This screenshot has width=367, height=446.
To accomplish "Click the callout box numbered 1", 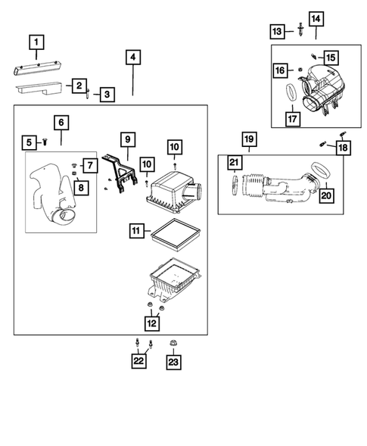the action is click(36, 42).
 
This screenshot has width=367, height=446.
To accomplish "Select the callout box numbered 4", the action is click(133, 58).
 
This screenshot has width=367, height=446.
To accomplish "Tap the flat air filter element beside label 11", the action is click(176, 235).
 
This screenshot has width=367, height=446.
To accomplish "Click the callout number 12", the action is click(152, 323).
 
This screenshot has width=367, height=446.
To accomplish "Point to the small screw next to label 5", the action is click(45, 142).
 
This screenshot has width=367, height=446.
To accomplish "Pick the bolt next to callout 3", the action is click(88, 93).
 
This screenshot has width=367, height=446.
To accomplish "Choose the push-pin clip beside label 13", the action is click(300, 30).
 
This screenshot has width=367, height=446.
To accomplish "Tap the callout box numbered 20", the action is click(326, 195).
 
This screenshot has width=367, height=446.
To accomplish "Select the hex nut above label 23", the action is click(173, 343).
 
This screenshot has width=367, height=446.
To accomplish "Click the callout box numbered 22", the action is click(138, 360).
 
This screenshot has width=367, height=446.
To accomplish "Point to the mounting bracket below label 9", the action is click(120, 173).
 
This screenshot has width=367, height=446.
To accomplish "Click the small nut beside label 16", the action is click(300, 70).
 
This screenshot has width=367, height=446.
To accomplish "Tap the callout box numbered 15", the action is click(331, 58).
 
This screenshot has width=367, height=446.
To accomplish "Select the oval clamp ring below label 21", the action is click(235, 186).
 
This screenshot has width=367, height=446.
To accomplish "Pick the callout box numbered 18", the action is click(343, 148).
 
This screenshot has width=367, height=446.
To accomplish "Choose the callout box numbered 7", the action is click(90, 165).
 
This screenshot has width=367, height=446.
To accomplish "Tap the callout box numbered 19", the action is click(249, 139).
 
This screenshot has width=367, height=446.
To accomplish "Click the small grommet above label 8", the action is click(73, 173).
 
